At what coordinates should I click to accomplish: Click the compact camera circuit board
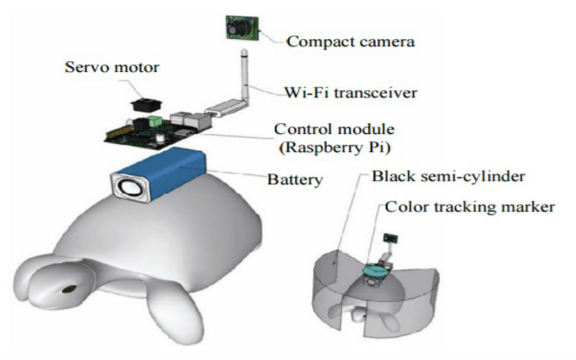click(243, 27)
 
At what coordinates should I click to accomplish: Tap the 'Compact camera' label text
click(351, 42)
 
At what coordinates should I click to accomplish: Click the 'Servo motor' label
click(112, 67)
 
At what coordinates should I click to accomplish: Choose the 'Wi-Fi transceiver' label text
click(351, 93)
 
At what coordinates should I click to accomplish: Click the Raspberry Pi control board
click(158, 131)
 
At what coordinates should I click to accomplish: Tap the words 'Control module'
click(334, 130)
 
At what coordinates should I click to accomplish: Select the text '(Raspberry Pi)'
click(335, 148)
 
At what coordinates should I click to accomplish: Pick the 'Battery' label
click(295, 179)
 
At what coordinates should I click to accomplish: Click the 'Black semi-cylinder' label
click(448, 176)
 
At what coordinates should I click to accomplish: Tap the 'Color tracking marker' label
click(470, 207)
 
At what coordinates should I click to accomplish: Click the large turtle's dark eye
click(69, 289)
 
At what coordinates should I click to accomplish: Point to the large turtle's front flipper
click(175, 310)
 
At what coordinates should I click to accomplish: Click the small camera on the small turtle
click(390, 238)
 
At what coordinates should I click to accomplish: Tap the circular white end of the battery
click(130, 188)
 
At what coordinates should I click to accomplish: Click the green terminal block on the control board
click(154, 121)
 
